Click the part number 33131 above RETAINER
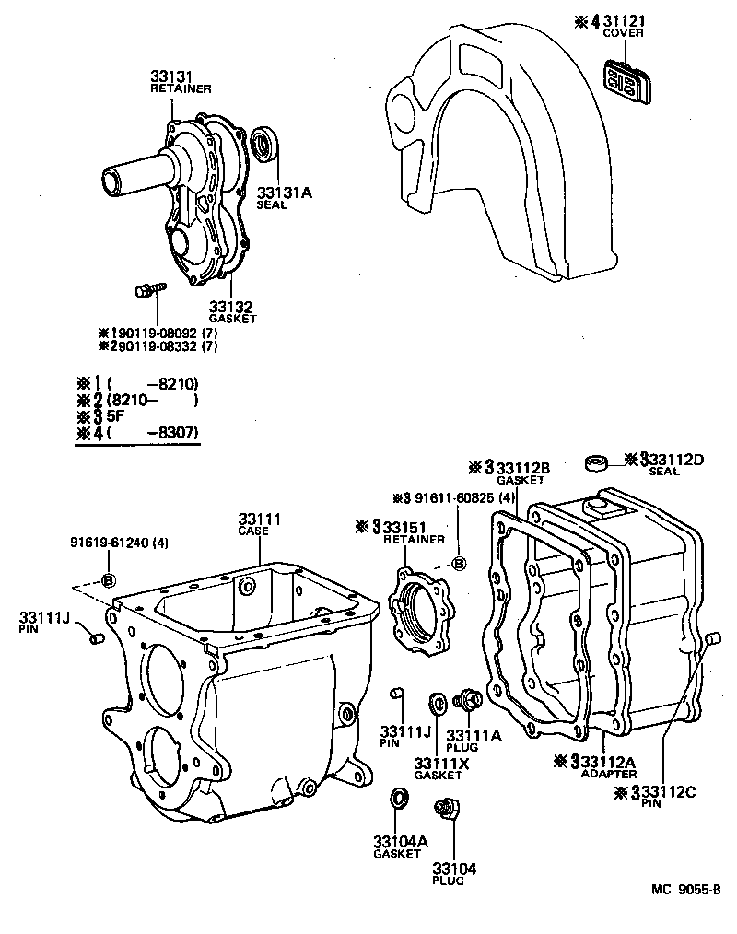point(172,76)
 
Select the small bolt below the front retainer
point(147,290)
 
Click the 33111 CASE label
point(260,526)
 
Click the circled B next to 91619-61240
point(107,579)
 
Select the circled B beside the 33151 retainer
point(460,564)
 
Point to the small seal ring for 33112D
point(597,461)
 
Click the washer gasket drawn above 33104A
point(399,796)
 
